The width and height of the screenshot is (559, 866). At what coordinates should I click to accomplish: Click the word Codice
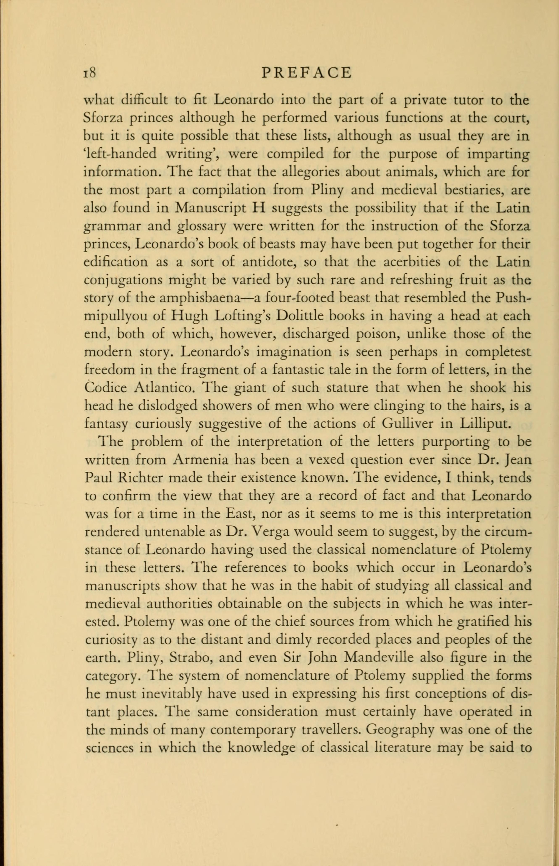[x=105, y=388]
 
